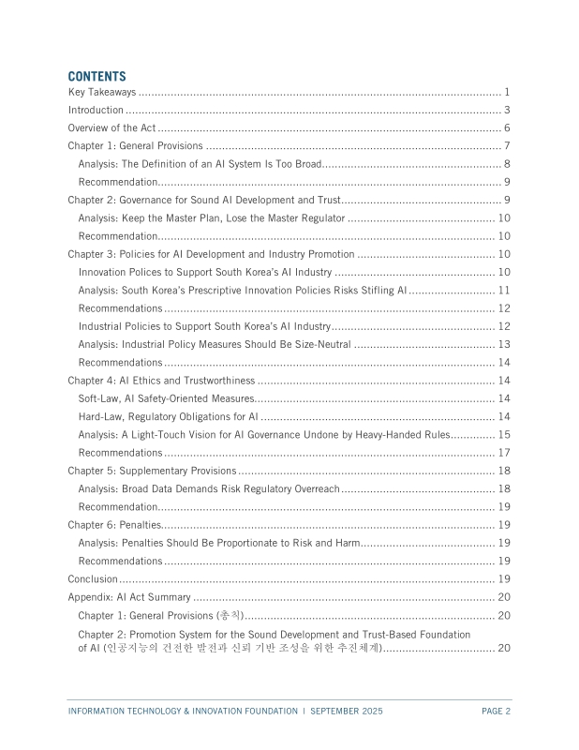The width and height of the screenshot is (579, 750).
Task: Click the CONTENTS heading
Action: coord(96,76)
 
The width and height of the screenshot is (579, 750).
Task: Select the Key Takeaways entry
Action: coord(102,92)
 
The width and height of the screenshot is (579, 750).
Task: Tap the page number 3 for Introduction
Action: coord(506,110)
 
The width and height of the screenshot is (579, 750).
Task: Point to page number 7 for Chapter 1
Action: coord(506,146)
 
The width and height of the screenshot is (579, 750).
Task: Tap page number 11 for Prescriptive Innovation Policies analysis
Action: coord(503,291)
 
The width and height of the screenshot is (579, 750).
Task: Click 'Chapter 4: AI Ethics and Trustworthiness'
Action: coord(161,381)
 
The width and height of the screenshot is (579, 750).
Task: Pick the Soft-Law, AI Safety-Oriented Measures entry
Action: coord(160,398)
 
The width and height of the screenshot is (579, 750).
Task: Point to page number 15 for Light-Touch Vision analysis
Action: coord(503,434)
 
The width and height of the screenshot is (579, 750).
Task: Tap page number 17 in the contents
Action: coord(503,453)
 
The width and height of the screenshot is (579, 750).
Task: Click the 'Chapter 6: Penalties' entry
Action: coord(114,525)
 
